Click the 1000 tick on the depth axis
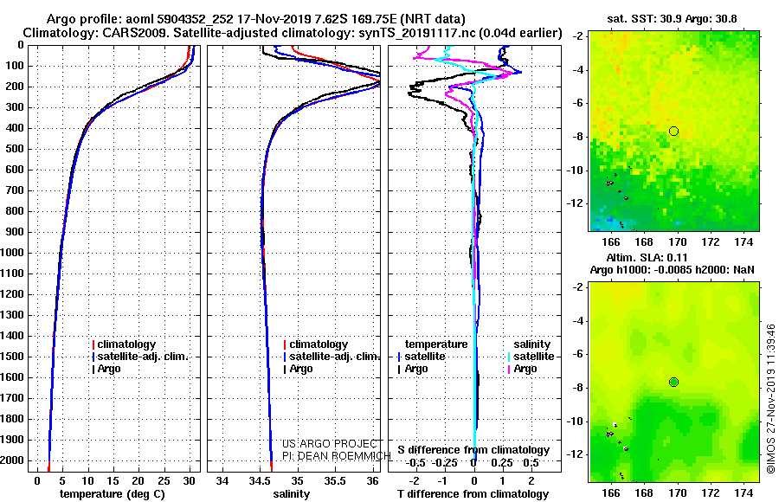point(16,253)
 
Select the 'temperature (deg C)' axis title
point(113,493)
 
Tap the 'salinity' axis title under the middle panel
point(291,493)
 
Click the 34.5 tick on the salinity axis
point(261,479)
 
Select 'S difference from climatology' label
point(473,450)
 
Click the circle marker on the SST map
point(674,131)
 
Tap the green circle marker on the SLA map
point(674,382)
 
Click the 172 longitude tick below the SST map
point(711,243)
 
